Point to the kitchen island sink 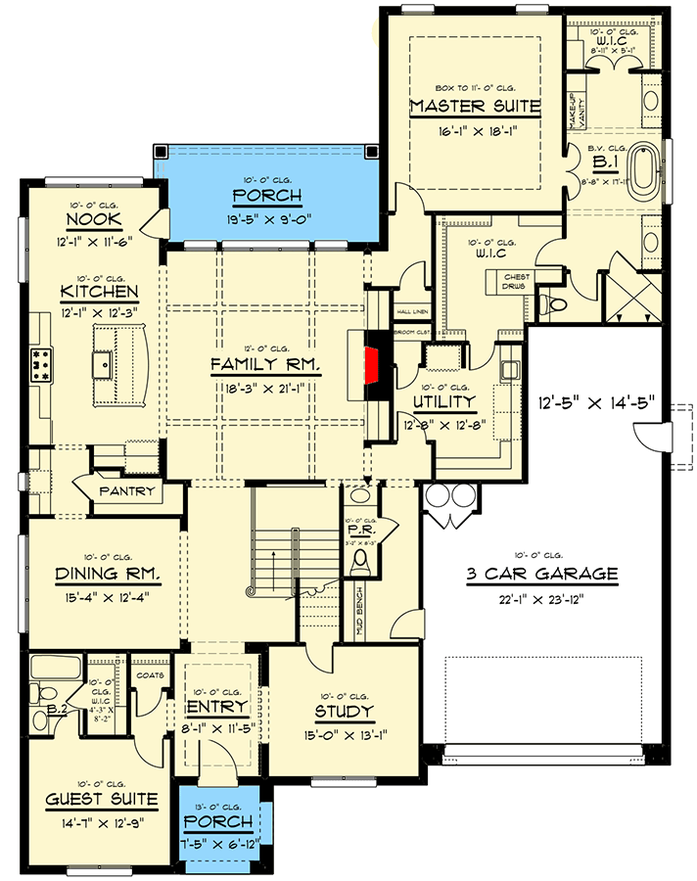(103, 366)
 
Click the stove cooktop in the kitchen (42, 363)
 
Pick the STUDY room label (344, 712)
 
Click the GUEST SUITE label (102, 800)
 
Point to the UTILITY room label (443, 401)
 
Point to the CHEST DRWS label (517, 281)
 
